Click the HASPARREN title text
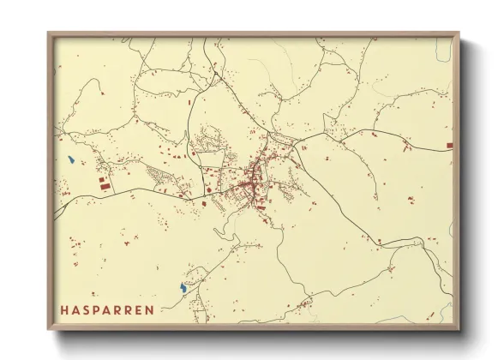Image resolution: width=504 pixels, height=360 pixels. pos(107,309)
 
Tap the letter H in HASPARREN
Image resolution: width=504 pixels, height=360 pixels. pos(65,309)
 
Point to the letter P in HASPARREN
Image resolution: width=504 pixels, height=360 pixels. pos(98,309)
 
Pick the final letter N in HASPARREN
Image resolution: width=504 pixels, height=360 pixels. pos(150,309)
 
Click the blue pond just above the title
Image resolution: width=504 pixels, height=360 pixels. pos(183,288)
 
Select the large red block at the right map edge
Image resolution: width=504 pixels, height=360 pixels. pos(448,147)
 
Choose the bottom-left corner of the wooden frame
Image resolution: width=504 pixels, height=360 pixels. pos(49,329)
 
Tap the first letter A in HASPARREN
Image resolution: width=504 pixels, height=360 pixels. pos(76,309)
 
